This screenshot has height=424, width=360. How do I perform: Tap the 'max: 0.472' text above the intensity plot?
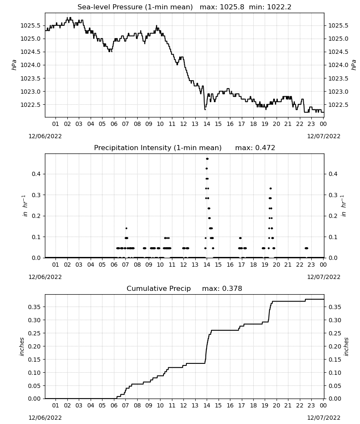point(255,148)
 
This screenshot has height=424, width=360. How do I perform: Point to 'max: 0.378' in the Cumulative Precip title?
point(222,288)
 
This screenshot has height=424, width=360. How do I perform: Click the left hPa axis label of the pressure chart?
point(14,65)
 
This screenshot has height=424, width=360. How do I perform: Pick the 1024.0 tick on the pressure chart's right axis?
point(338,65)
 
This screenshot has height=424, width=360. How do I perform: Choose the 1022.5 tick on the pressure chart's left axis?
point(30,105)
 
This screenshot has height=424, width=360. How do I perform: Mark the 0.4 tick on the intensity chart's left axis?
point(36,173)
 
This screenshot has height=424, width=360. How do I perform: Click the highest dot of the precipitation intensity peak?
point(207,159)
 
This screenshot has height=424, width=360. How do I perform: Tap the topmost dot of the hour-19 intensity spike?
point(271,189)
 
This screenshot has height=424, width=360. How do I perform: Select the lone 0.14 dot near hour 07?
point(126,228)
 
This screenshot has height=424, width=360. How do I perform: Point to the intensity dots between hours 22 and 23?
point(306,248)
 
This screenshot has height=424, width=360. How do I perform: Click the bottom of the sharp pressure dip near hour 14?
point(205,109)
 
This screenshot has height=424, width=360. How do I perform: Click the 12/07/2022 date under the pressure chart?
point(324,136)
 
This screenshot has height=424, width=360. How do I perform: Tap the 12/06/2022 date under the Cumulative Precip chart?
point(45,418)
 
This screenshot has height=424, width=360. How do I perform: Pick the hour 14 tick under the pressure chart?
point(207,124)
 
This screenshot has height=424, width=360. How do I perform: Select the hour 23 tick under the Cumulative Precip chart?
point(311,405)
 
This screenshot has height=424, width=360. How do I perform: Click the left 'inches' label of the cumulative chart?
point(22,346)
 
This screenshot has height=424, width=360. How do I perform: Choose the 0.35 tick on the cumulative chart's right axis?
point(335,307)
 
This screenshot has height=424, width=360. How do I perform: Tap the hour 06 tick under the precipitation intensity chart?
point(114,265)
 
